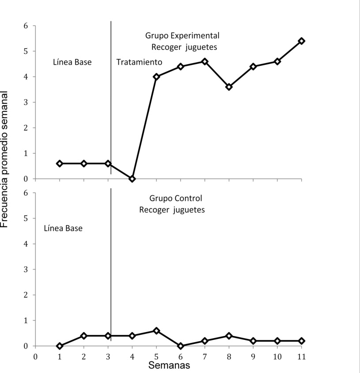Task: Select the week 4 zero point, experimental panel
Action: pyautogui.click(x=132, y=179)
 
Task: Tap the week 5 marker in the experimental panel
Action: pyautogui.click(x=156, y=77)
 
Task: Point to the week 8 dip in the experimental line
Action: pyautogui.click(x=229, y=87)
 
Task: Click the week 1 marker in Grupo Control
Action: pyautogui.click(x=60, y=346)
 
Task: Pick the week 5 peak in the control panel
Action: pyautogui.click(x=156, y=331)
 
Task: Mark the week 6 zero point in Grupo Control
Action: pyautogui.click(x=181, y=346)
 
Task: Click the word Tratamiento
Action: pyautogui.click(x=139, y=62)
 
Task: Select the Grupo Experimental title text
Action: pyautogui.click(x=182, y=36)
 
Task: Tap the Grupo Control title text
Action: pyautogui.click(x=175, y=199)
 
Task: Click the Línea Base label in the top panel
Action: pyautogui.click(x=72, y=62)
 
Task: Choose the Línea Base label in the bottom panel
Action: pyautogui.click(x=64, y=229)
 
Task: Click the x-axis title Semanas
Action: pyautogui.click(x=169, y=365)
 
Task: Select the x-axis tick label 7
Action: pyautogui.click(x=205, y=357)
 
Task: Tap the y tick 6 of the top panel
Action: pyautogui.click(x=26, y=26)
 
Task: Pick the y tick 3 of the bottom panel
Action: pyautogui.click(x=26, y=269)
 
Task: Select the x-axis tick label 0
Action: pyautogui.click(x=35, y=357)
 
